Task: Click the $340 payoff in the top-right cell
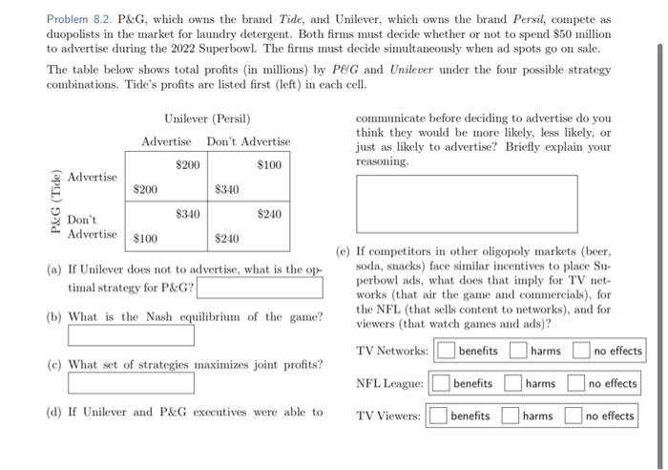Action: [227, 189]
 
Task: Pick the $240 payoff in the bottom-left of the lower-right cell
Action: [227, 238]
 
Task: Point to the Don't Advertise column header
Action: [248, 141]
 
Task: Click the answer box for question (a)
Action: [259, 287]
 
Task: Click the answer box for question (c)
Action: [131, 382]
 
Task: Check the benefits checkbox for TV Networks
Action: [446, 351]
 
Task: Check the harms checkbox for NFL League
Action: [512, 384]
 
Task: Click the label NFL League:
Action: [389, 384]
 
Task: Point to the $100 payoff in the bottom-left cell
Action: [146, 238]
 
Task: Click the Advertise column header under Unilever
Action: [166, 141]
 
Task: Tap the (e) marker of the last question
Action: [343, 251]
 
